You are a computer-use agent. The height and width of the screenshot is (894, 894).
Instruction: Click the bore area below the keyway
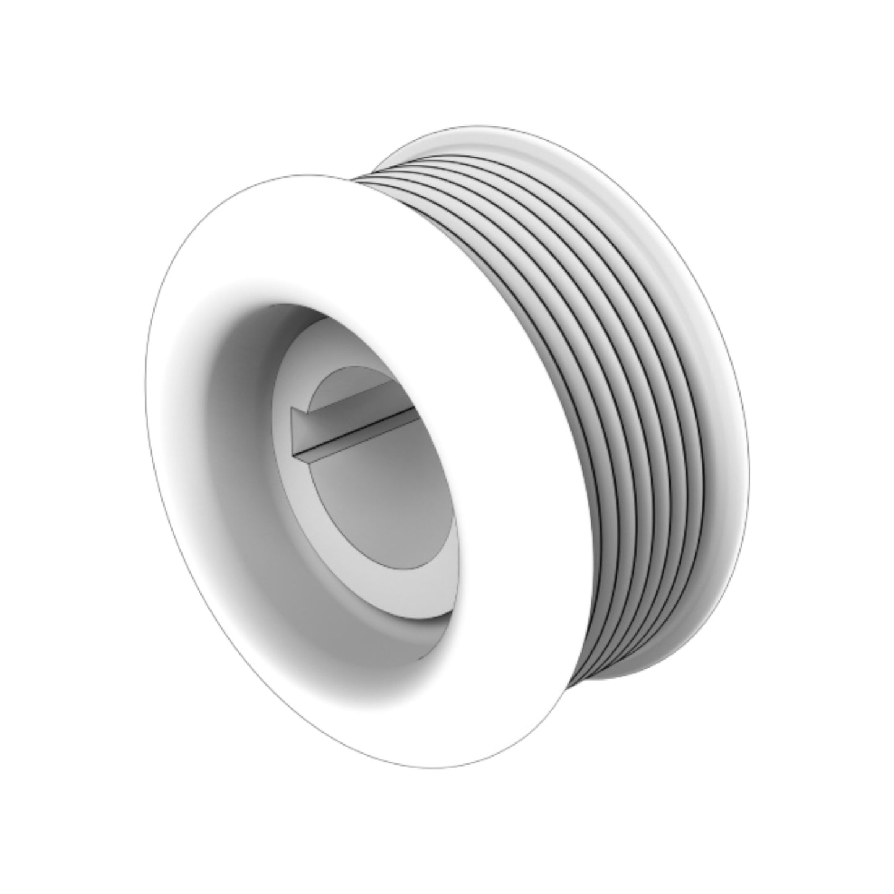(384, 495)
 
